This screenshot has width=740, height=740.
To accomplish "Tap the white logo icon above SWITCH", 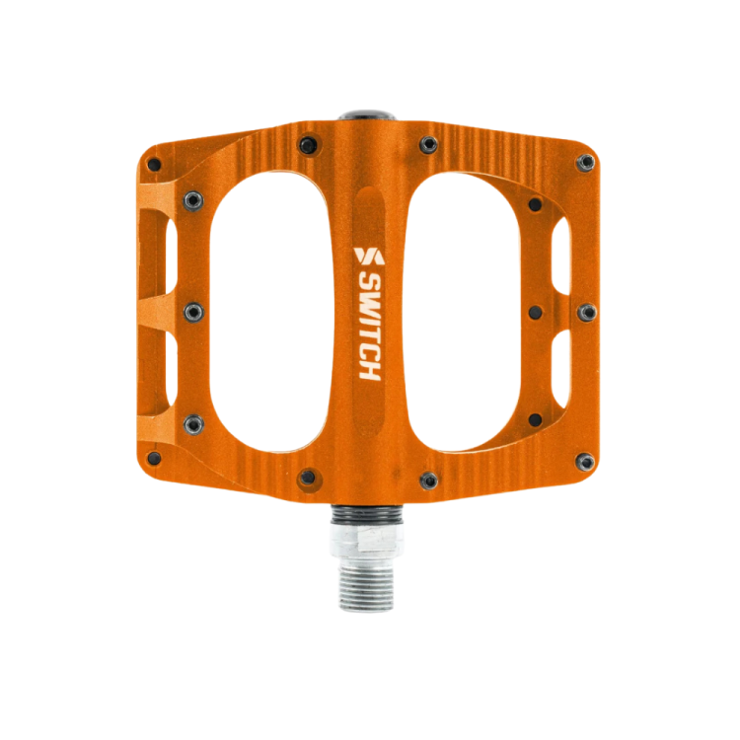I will pos(367,256).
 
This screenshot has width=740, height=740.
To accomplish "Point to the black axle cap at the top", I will pos(368,116).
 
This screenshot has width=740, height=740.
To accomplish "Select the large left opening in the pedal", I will pos(261,313).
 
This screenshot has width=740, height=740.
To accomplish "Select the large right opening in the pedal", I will pos(472,313).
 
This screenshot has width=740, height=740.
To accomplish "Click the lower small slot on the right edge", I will pos(561,364).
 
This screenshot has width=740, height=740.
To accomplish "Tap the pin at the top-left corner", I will pos(153,165).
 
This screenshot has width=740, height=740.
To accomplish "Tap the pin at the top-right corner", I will pos(586,162).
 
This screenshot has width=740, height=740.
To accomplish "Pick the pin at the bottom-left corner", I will pos(153,459).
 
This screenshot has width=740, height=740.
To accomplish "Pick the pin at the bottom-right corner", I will pos(585,461).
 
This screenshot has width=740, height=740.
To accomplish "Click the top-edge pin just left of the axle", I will pos(309,145).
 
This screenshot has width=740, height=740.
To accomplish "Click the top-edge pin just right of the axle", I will pos(428,145).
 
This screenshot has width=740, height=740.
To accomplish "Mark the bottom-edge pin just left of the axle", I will pos(309,477).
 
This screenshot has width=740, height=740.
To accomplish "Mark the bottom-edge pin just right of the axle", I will pos(428,480).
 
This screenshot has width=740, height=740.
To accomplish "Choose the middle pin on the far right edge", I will pos(587,313).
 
